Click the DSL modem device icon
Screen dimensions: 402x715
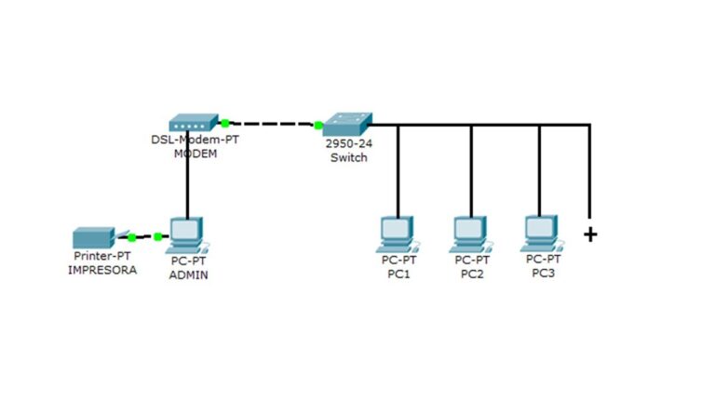pos(193,123)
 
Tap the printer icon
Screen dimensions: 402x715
pos(94,237)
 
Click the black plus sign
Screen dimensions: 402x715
pos(589,234)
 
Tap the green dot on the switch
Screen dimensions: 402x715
pos(318,124)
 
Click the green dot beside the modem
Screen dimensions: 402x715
pos(225,122)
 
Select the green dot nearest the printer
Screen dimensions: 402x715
pos(131,236)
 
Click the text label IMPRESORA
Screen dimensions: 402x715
pos(102,270)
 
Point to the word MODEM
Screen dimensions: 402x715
pos(196,154)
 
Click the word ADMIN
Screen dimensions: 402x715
pos(188,275)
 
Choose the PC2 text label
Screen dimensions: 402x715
pos(471,274)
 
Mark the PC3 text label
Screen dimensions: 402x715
pos(543,273)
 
